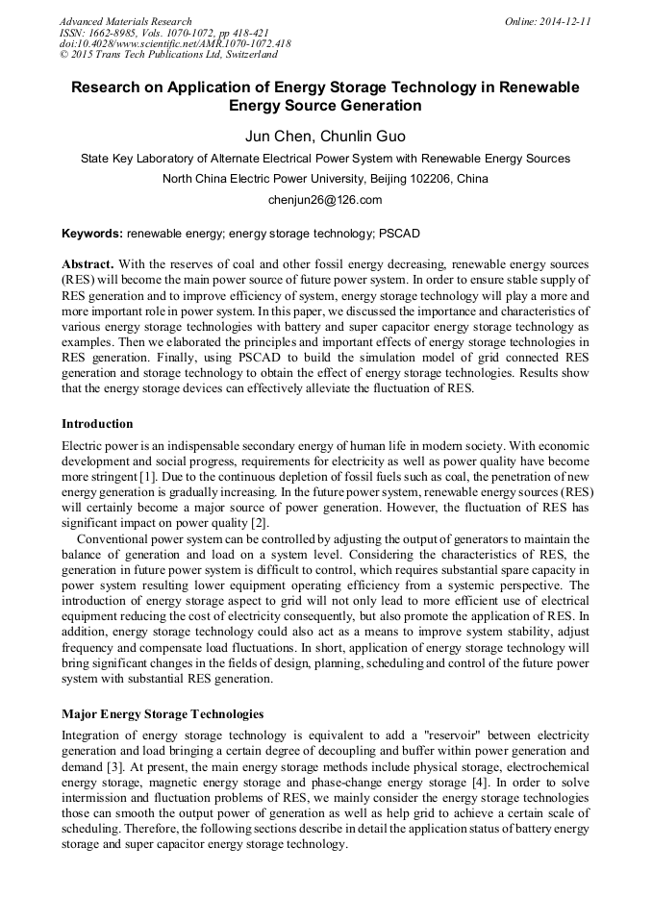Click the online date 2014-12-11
click(564, 20)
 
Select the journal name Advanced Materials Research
click(126, 20)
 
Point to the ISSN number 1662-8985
click(127, 32)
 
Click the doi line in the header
click(175, 43)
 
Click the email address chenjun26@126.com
click(325, 200)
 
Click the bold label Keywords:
click(92, 234)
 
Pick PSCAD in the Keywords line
click(398, 234)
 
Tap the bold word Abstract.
click(88, 263)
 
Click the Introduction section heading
click(97, 424)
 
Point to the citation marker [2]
click(259, 523)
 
